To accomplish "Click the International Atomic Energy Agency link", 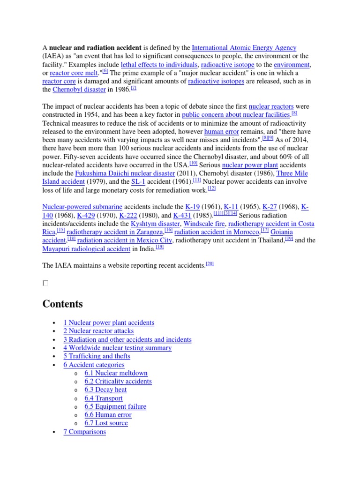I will (x=244, y=48).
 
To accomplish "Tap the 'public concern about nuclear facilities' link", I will (x=236, y=115).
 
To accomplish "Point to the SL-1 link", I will (x=137, y=182).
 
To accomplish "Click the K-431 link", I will (x=182, y=215).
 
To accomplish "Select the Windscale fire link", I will (x=204, y=224).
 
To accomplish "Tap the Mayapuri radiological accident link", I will (x=86, y=249).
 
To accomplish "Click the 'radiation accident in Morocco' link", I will (x=217, y=232).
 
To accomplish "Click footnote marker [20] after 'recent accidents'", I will (x=210, y=264).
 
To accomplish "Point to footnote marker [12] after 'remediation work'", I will (x=211, y=188).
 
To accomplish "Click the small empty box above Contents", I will (x=45, y=283).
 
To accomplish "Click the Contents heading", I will (x=62, y=304).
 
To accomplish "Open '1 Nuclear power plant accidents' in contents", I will (x=109, y=322).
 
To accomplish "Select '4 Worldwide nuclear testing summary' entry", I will (x=117, y=348).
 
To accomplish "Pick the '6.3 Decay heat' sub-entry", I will (x=105, y=390).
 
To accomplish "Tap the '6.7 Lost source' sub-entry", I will (x=106, y=423).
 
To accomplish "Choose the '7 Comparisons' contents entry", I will (x=84, y=432).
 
